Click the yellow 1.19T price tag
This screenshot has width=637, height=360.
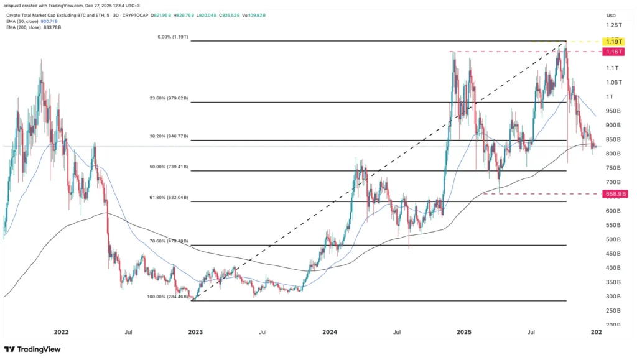coord(612,41)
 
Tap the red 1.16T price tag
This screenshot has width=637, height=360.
coord(612,52)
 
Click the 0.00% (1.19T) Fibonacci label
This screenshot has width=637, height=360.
coord(173,37)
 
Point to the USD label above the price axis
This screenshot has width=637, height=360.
coord(611,14)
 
